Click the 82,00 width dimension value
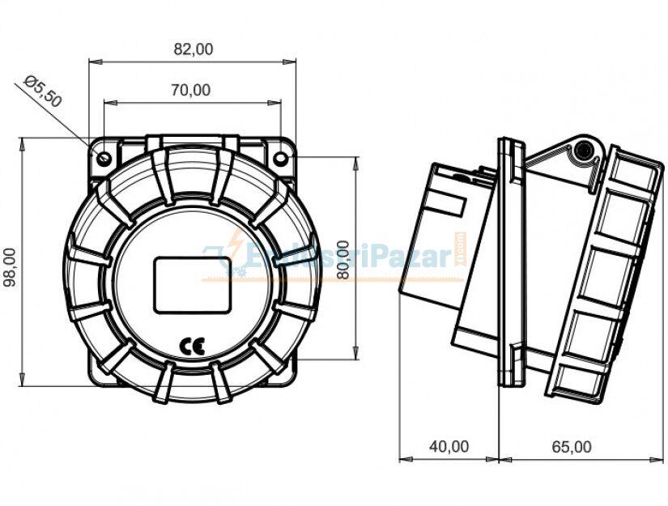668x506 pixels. click(x=194, y=49)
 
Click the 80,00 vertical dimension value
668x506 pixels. click(x=343, y=259)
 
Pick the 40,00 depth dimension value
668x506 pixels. click(x=449, y=446)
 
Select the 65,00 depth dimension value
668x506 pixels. click(x=571, y=446)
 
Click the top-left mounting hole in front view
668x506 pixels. click(x=104, y=157)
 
